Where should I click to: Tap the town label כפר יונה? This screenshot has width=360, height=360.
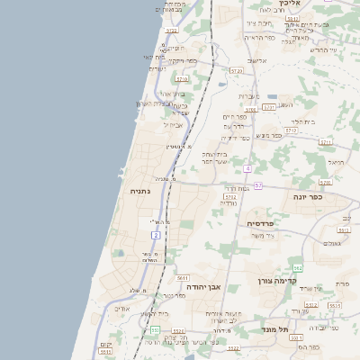tap(310, 196)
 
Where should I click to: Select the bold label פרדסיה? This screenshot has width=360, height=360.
tap(265, 222)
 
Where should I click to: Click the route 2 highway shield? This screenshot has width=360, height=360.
tap(156, 235)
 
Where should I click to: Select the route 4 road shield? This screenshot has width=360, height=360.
tap(247, 168)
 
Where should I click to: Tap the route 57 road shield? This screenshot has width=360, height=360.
tap(257, 184)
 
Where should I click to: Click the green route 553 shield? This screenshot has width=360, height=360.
tap(155, 330)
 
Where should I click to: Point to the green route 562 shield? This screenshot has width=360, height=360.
tap(297, 267)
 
